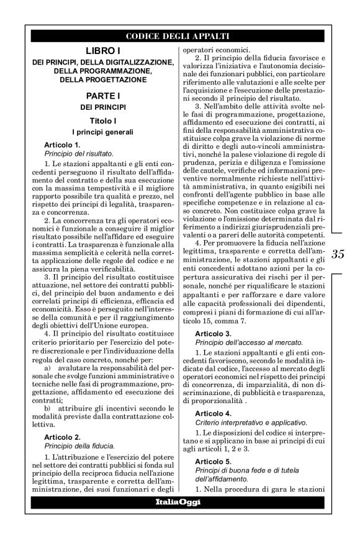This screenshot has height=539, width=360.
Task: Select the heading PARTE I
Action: click(102, 96)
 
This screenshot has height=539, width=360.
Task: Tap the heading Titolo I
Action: click(102, 120)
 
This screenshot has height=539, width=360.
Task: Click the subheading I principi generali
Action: click(102, 132)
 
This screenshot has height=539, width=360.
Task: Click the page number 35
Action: click(339, 253)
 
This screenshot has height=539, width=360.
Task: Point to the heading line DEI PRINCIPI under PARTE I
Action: click(102, 107)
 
